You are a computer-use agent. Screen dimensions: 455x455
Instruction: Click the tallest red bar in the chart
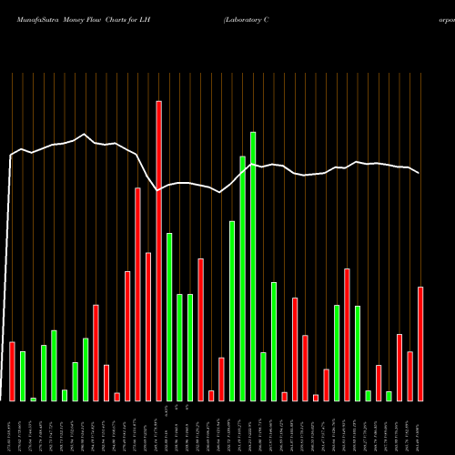pos(158,250)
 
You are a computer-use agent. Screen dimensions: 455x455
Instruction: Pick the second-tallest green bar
pos(243,278)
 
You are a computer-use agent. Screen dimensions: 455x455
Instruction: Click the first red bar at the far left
pos(12,370)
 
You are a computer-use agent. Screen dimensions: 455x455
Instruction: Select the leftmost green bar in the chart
pos(23,376)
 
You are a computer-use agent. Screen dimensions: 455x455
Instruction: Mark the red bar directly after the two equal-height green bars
pos(200,329)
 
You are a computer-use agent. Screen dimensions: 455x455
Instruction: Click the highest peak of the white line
pos(84,135)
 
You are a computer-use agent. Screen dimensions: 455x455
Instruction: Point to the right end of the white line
pos(420,172)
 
